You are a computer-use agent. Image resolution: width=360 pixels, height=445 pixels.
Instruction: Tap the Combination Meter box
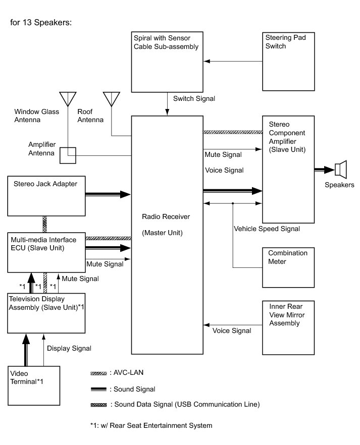(x=288, y=267)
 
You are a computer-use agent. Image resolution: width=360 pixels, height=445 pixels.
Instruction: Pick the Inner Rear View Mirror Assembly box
(x=288, y=328)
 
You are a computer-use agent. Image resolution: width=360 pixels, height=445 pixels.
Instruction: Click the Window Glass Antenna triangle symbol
(x=68, y=98)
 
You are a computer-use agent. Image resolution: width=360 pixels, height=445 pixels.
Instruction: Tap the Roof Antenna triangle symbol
(x=111, y=98)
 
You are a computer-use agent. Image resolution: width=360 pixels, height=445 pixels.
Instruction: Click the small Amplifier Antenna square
(x=68, y=155)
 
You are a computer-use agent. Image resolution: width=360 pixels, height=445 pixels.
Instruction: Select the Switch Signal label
(x=194, y=98)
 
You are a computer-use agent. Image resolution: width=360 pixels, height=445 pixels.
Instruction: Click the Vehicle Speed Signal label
(x=267, y=229)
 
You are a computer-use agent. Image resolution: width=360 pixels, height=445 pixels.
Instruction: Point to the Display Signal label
(x=69, y=348)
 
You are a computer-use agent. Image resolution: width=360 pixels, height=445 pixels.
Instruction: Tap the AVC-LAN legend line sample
(x=98, y=373)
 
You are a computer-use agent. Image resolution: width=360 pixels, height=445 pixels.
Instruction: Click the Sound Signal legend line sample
(x=98, y=389)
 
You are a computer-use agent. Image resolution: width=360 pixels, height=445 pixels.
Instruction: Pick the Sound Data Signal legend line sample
(x=98, y=405)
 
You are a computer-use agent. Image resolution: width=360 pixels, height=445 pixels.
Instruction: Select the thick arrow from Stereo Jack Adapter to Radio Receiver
(x=108, y=194)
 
